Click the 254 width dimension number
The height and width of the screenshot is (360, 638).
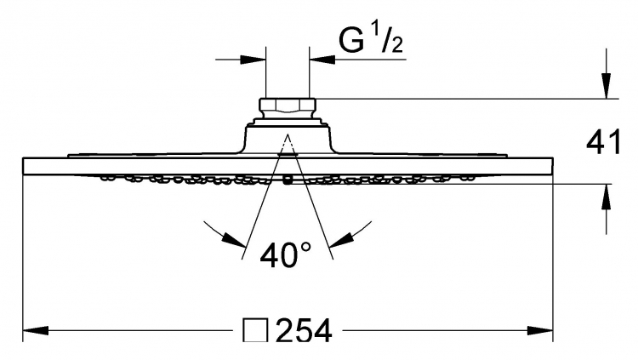pyautogui.click(x=304, y=331)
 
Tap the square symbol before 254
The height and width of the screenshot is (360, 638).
pyautogui.click(x=255, y=330)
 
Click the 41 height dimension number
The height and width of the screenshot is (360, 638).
pyautogui.click(x=604, y=142)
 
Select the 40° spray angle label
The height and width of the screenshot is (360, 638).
pyautogui.click(x=286, y=255)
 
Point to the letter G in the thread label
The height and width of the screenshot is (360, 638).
pyautogui.click(x=351, y=41)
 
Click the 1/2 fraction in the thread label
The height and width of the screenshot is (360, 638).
pyautogui.click(x=387, y=38)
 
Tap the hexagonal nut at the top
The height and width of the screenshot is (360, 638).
pyautogui.click(x=288, y=108)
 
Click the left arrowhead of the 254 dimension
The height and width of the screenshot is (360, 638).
pyautogui.click(x=36, y=331)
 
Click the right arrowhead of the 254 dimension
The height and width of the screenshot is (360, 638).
pyautogui.click(x=540, y=331)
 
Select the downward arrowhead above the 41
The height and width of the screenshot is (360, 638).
pyautogui.click(x=607, y=85)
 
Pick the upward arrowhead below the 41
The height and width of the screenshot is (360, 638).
pyautogui.click(x=607, y=197)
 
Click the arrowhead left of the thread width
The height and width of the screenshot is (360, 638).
pyautogui.click(x=253, y=60)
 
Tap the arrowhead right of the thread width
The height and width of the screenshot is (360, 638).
pyautogui.click(x=322, y=60)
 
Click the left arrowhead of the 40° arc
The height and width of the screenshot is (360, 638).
pyautogui.click(x=235, y=240)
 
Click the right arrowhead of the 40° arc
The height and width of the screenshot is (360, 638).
pyautogui.click(x=341, y=240)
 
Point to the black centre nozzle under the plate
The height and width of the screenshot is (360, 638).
pyautogui.click(x=288, y=180)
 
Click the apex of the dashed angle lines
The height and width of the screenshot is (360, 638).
pyautogui.click(x=288, y=134)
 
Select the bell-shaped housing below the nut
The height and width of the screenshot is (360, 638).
pyautogui.click(x=288, y=136)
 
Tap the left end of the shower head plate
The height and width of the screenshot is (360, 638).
pyautogui.click(x=23, y=166)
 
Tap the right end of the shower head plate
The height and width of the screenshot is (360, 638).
pyautogui.click(x=553, y=166)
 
